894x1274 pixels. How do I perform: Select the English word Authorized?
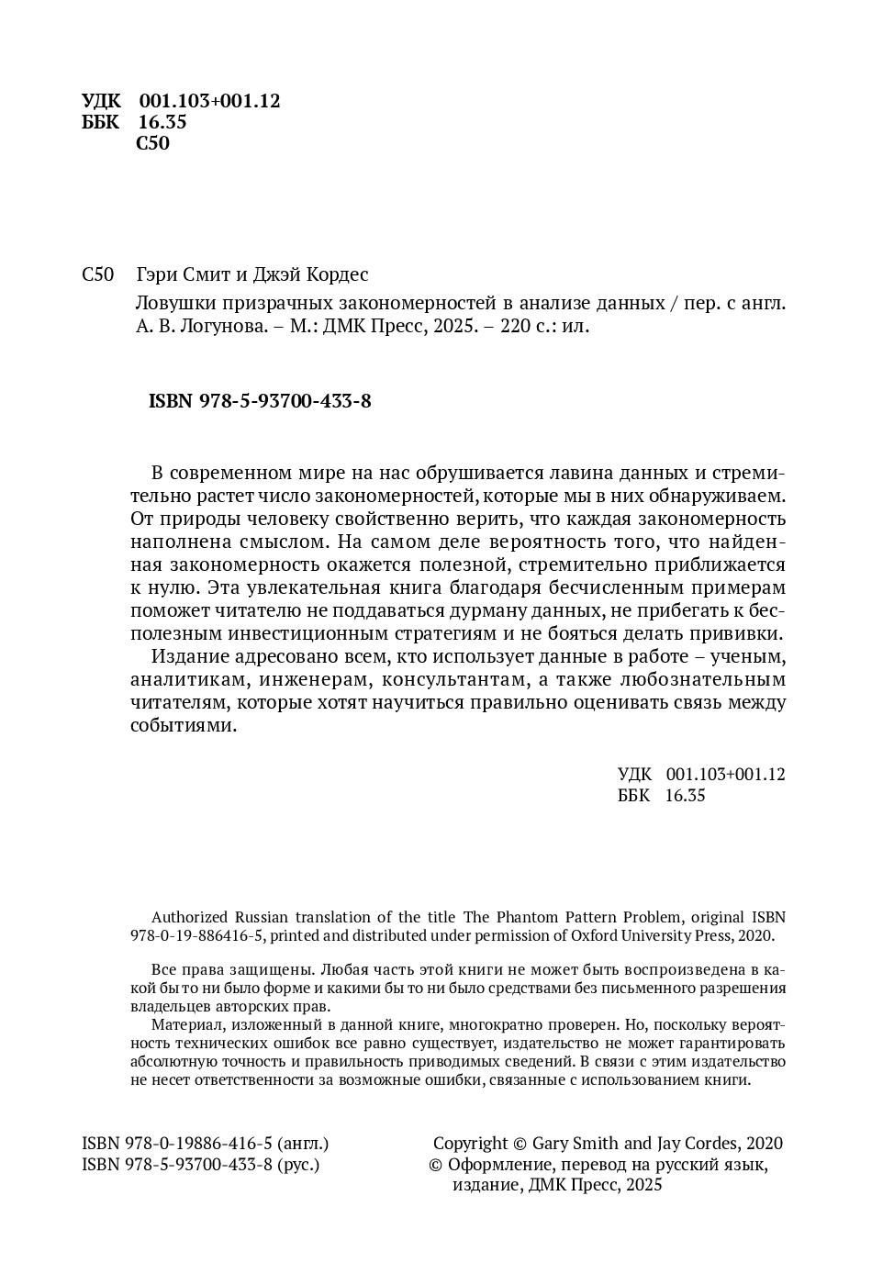point(190,917)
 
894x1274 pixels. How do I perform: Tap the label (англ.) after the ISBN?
point(303,1144)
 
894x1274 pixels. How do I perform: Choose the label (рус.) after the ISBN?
point(298,1165)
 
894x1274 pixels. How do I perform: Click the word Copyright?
point(470,1144)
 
